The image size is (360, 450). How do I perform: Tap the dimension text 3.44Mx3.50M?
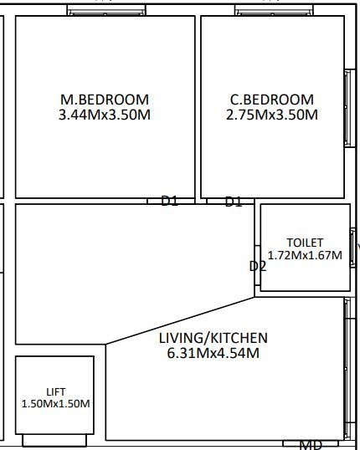[105, 115]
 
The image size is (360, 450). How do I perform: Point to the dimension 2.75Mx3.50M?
[272, 115]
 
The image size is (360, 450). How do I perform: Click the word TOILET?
[305, 243]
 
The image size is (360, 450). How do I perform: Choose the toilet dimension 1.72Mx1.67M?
[305, 255]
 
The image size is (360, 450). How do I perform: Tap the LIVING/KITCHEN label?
[213, 338]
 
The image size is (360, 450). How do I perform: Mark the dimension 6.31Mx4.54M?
[213, 353]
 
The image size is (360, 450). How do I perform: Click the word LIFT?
[55, 391]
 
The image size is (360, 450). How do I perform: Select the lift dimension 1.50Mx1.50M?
[55, 403]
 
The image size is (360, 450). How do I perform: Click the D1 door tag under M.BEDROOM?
[170, 201]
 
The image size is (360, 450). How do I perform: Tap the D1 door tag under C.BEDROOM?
[233, 202]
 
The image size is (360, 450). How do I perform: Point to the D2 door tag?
[258, 266]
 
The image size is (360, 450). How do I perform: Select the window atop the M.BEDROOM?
[105, 11]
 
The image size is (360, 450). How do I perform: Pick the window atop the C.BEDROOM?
[274, 11]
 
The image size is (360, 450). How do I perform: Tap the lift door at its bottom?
[55, 440]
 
